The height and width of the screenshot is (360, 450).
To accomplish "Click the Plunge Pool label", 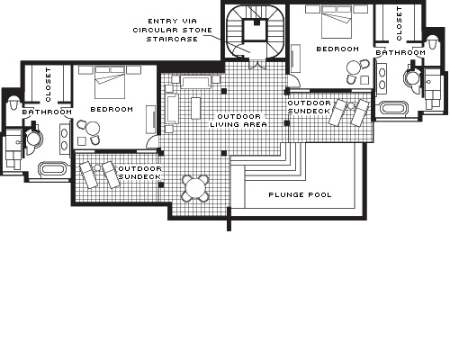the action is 300,194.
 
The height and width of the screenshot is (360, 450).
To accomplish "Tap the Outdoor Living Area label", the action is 238,121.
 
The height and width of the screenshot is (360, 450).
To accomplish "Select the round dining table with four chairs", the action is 195,188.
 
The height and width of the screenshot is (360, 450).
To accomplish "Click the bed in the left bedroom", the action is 110,82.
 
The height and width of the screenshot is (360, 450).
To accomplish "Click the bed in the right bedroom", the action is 337,22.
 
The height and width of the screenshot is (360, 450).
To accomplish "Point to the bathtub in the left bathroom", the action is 53,168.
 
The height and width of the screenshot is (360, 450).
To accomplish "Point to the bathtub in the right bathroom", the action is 393,108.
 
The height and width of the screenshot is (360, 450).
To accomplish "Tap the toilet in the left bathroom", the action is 13,103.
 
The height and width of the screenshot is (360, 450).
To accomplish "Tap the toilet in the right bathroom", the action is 432,42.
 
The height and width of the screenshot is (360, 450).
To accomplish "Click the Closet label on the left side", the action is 49,85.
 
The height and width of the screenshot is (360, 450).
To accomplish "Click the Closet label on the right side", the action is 399,23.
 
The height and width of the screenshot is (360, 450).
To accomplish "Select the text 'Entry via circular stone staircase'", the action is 173,30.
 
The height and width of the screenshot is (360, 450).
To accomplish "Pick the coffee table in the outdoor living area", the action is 195,108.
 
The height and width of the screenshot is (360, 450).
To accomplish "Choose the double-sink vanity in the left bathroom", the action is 65,139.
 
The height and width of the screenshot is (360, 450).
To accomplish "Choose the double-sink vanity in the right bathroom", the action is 382,79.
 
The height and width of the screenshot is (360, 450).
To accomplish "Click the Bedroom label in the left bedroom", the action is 112,109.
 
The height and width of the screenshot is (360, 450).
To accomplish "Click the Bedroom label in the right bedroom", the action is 337,49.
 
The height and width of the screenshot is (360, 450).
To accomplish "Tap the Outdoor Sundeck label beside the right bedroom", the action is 309,107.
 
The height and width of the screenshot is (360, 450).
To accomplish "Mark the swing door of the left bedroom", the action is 152,141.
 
